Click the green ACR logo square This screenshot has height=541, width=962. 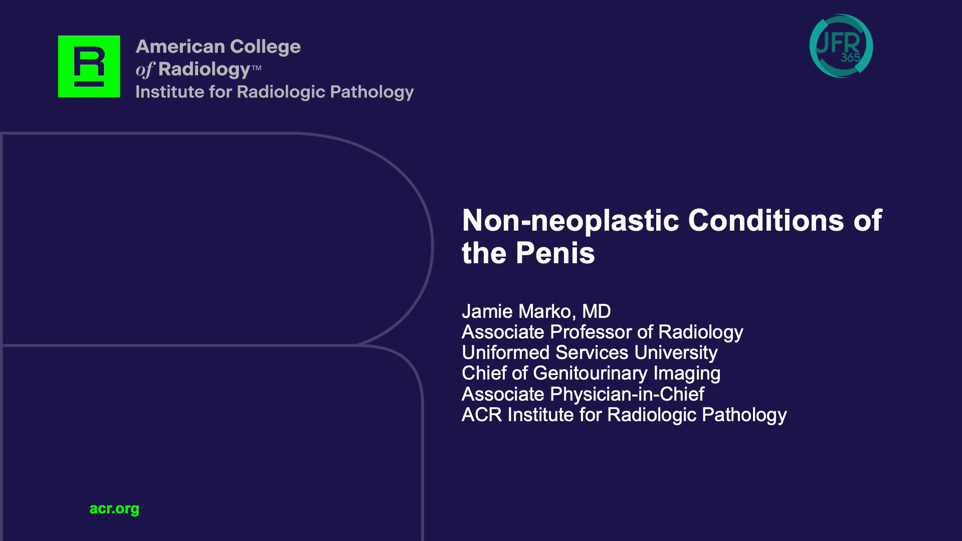(x=89, y=66)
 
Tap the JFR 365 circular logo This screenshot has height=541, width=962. (x=841, y=46)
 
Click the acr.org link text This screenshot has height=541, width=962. (x=114, y=509)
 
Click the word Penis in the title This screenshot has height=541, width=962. (x=555, y=253)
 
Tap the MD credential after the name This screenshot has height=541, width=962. (x=597, y=311)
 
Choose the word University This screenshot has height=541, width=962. (x=676, y=353)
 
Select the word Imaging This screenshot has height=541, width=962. (x=687, y=374)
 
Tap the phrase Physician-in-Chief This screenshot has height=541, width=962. (x=627, y=394)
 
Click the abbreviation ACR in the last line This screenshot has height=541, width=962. (x=482, y=415)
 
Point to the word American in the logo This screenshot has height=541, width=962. (x=180, y=47)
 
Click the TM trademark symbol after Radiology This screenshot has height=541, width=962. (x=256, y=68)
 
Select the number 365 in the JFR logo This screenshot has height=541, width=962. (x=850, y=58)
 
